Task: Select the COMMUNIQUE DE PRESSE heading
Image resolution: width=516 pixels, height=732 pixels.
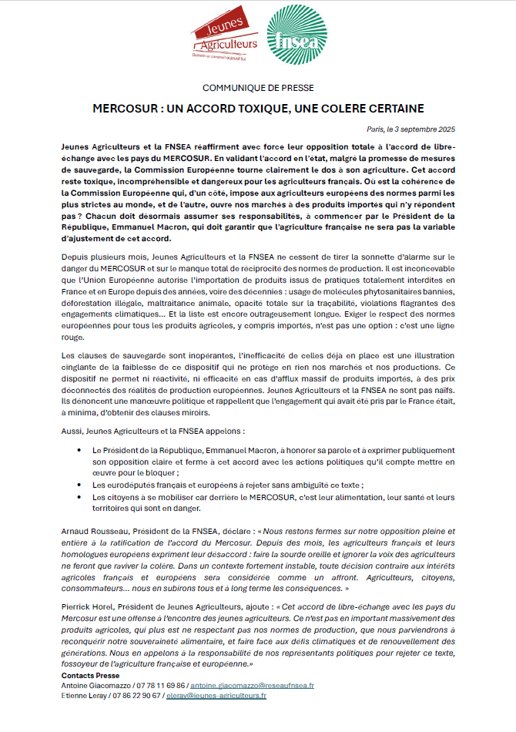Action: click(x=258, y=88)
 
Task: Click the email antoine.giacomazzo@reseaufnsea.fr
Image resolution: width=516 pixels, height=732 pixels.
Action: click(x=251, y=685)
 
